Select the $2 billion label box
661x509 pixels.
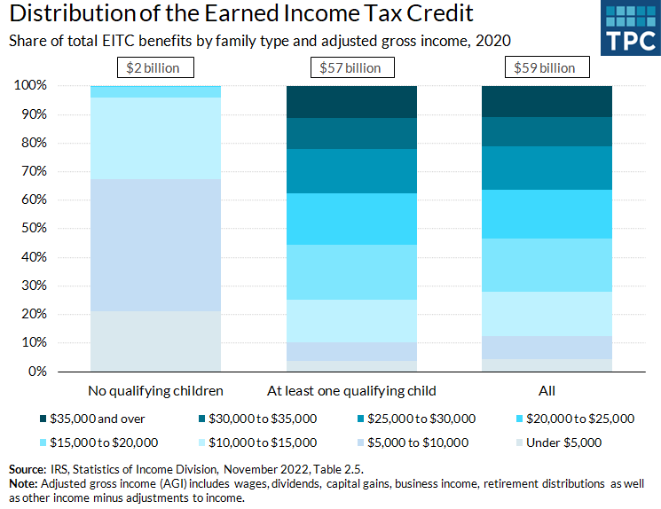[x=155, y=67]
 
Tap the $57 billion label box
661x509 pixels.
[x=350, y=67]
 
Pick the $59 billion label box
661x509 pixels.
[x=546, y=67]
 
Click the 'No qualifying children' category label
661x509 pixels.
[x=155, y=390]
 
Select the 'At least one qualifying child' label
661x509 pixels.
[x=351, y=390]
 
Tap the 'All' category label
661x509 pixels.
[x=546, y=390]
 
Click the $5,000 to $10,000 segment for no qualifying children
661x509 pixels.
[x=155, y=246]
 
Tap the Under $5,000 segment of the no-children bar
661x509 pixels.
[x=155, y=341]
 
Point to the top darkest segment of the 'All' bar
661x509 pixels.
[x=546, y=101]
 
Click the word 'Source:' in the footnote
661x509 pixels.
[x=27, y=467]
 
